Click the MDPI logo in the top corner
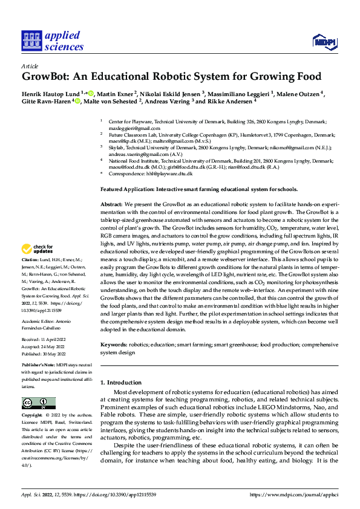coord(324,41)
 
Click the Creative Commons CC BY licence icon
coord(38,403)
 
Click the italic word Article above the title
coord(30,66)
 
